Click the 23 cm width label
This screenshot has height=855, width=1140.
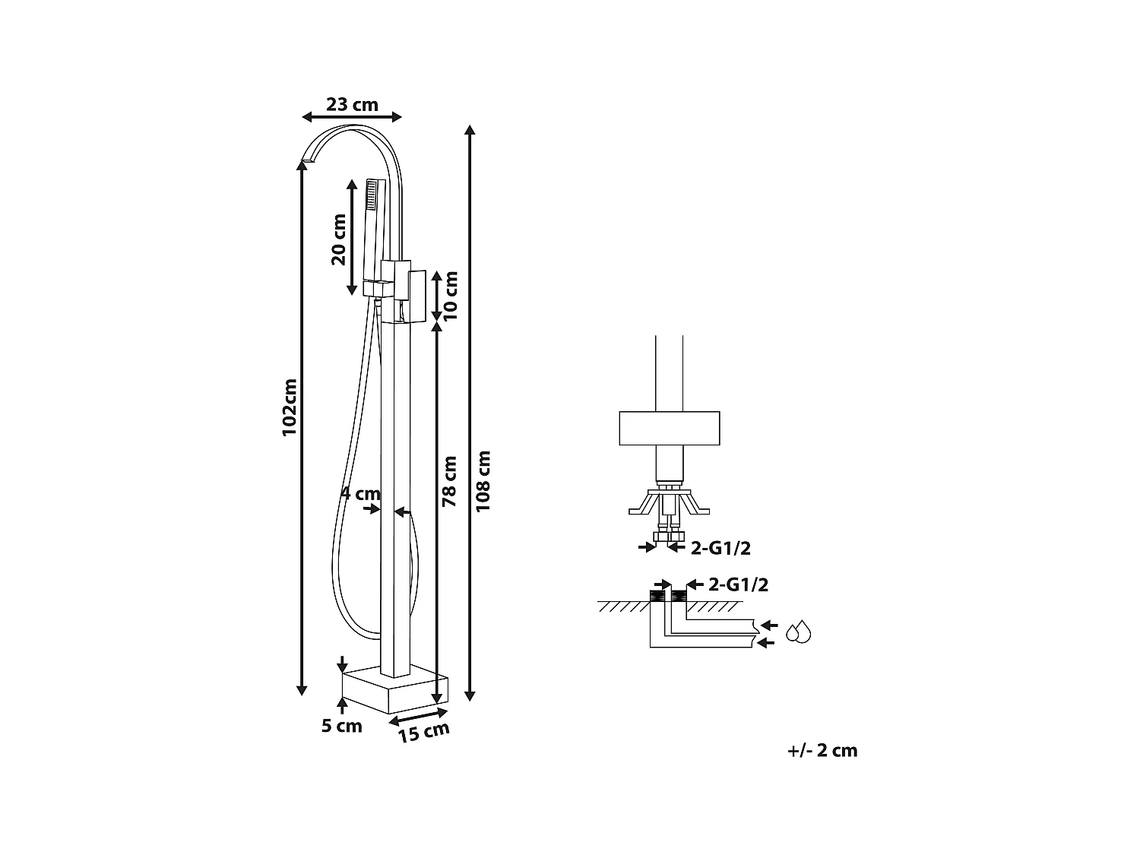click(x=352, y=104)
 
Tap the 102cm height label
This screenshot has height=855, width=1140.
click(x=290, y=407)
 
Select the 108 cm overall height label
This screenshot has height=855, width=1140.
click(x=484, y=480)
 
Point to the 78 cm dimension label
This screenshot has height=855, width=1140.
click(x=449, y=481)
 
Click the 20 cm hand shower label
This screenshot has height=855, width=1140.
click(x=339, y=239)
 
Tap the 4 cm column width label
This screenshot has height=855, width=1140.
click(x=359, y=493)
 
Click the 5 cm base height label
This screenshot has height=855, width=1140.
click(x=341, y=726)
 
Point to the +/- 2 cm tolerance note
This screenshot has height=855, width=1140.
click(x=822, y=751)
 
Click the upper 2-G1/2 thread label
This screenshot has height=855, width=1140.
click(x=720, y=547)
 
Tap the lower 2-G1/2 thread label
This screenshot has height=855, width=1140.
click(x=738, y=584)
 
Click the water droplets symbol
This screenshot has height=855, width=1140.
click(x=798, y=632)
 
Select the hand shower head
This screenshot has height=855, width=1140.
click(x=372, y=195)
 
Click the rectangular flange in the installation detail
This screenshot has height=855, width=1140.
click(x=669, y=428)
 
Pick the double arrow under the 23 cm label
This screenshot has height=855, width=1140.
click(x=352, y=116)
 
